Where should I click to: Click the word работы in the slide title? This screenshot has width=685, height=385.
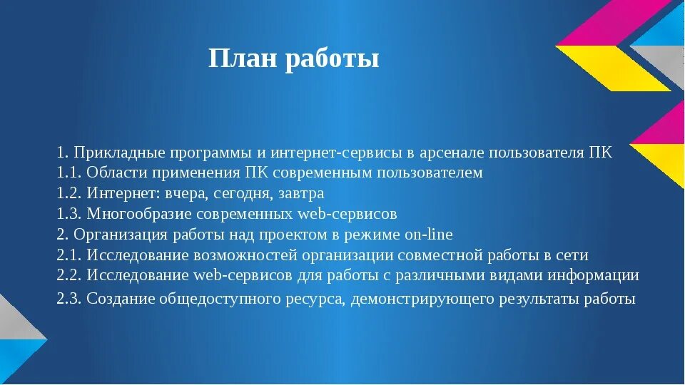click(x=333, y=60)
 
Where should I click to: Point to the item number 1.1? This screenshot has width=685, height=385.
click(x=68, y=173)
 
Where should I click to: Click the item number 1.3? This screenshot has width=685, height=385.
click(x=68, y=214)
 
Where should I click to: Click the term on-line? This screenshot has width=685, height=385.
click(x=430, y=235)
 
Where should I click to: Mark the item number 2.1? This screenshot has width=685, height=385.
click(x=68, y=255)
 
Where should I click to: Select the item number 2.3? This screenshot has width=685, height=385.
click(x=68, y=299)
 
